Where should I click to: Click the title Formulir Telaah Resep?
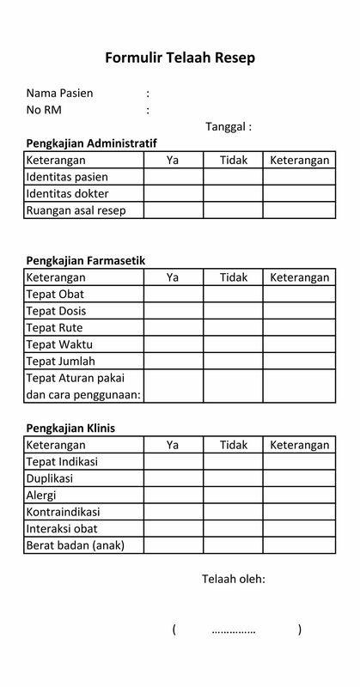pos(180,58)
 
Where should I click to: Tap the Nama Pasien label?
pos(60,93)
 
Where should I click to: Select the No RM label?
pos(44,110)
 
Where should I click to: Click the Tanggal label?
pos(229,126)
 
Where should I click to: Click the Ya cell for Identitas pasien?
pos(173,176)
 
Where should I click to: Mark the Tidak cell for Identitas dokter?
pos(233,193)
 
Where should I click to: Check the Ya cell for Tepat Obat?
pos(173,295)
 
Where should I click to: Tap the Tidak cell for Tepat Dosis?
pos(233,311)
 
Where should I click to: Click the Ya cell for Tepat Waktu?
pos(173,344)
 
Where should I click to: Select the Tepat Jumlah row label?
pos(61,361)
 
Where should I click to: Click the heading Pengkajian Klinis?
pos(70,428)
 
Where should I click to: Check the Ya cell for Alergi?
pos(173,495)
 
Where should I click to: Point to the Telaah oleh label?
pos(233,579)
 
